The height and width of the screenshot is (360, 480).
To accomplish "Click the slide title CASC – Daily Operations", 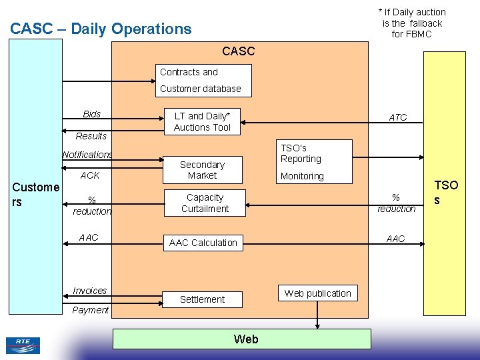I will (101, 29).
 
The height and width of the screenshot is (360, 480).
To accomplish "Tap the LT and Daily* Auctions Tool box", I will (202, 121).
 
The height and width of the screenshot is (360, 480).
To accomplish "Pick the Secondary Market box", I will (202, 170).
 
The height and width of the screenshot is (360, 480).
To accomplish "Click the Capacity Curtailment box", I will (205, 203).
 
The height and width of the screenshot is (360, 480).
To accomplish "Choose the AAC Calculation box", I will (203, 243).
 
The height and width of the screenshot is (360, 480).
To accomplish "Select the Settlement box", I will (202, 299).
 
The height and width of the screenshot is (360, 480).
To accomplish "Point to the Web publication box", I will (317, 293).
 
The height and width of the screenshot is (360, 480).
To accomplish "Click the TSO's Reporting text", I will (301, 153).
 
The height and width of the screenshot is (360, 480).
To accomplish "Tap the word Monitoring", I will (302, 176).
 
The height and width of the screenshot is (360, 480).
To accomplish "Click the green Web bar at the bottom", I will (241, 339).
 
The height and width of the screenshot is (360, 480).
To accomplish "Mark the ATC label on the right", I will (398, 117).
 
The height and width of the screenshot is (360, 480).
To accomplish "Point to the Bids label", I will (92, 114).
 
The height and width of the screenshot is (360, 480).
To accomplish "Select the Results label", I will (91, 136).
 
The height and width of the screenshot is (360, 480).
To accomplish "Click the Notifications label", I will (87, 155).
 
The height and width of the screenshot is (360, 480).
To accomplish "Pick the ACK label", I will (90, 175).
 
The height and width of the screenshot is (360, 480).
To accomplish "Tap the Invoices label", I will (90, 291).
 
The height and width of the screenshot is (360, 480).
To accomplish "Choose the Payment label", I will (91, 310).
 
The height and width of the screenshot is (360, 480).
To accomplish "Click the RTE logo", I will (23, 345).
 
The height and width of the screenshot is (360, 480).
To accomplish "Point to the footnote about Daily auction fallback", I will (412, 23).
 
